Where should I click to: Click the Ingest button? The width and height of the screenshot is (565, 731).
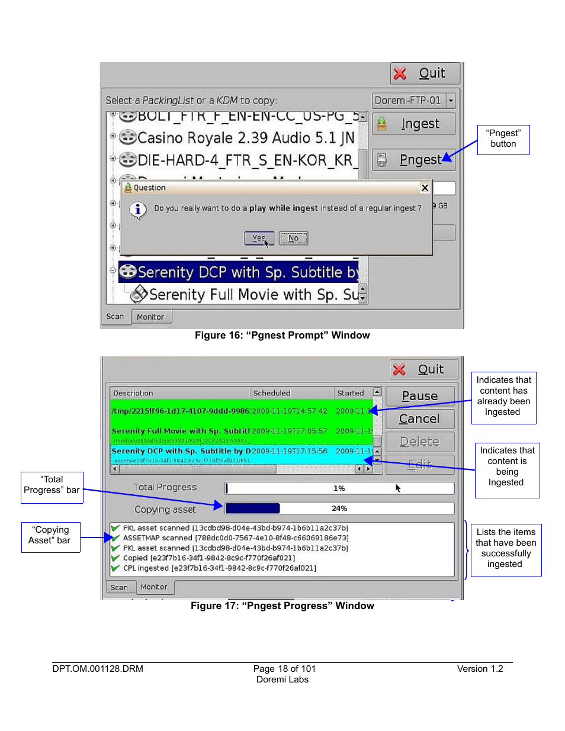point(414,124)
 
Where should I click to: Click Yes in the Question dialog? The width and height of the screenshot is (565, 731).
point(259,238)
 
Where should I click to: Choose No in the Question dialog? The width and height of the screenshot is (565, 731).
point(294,238)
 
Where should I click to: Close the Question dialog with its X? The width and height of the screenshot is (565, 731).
point(425,188)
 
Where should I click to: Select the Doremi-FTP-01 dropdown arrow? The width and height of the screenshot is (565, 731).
point(451,101)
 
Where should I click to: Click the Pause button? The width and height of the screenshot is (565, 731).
point(420,396)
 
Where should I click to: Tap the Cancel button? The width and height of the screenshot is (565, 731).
point(420,419)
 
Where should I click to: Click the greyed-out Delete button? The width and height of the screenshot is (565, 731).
point(420,442)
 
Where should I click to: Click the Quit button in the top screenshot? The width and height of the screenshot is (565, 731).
point(425,73)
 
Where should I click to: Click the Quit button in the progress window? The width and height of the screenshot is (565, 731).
point(424,369)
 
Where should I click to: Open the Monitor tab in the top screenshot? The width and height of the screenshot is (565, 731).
point(150,317)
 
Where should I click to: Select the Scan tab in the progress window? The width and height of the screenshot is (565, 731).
point(119,587)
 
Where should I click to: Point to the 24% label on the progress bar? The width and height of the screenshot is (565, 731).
point(339,508)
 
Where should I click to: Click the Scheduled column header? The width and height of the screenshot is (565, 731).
point(272,393)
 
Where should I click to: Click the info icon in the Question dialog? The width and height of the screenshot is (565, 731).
point(138,210)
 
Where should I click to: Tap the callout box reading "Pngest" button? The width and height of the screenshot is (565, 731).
point(503,139)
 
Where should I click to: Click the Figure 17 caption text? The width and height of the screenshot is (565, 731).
point(282,606)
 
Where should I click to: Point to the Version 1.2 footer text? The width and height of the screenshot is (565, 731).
point(480,669)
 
